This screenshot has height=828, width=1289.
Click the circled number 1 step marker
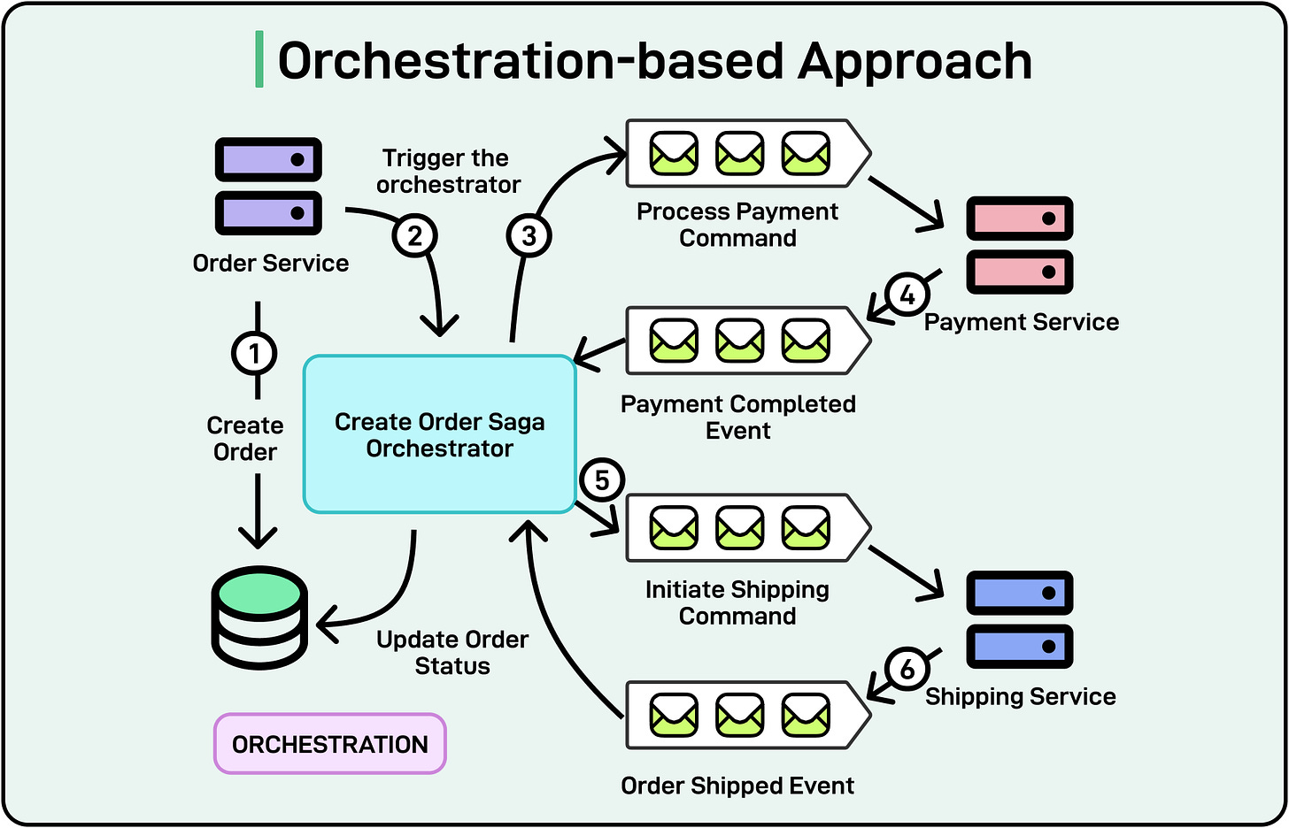point(255,354)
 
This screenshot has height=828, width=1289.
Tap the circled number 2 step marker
point(414,236)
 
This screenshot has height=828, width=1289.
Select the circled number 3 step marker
point(529,236)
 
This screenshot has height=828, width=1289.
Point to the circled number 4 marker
point(907,295)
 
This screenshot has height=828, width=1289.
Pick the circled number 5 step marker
point(602,480)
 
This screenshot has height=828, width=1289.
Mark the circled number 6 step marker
point(907,669)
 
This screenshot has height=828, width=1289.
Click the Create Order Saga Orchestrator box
point(440,434)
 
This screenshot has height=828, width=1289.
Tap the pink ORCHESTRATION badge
point(330,744)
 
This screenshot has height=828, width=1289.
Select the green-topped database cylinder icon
point(260,617)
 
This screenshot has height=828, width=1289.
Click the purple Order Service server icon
point(269,187)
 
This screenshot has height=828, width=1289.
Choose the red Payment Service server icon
point(1019,245)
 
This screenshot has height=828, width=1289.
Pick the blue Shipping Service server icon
point(1019,619)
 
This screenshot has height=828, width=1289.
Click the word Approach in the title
point(915,61)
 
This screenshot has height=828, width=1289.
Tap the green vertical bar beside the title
point(259,60)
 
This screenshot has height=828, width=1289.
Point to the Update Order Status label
point(452,653)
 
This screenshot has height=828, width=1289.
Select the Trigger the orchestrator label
point(448,171)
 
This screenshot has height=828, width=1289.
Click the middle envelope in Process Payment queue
point(740,153)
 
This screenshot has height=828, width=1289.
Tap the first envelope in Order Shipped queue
point(675,715)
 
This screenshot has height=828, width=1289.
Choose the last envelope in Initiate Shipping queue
point(806,527)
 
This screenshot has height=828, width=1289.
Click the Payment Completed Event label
point(738,418)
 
